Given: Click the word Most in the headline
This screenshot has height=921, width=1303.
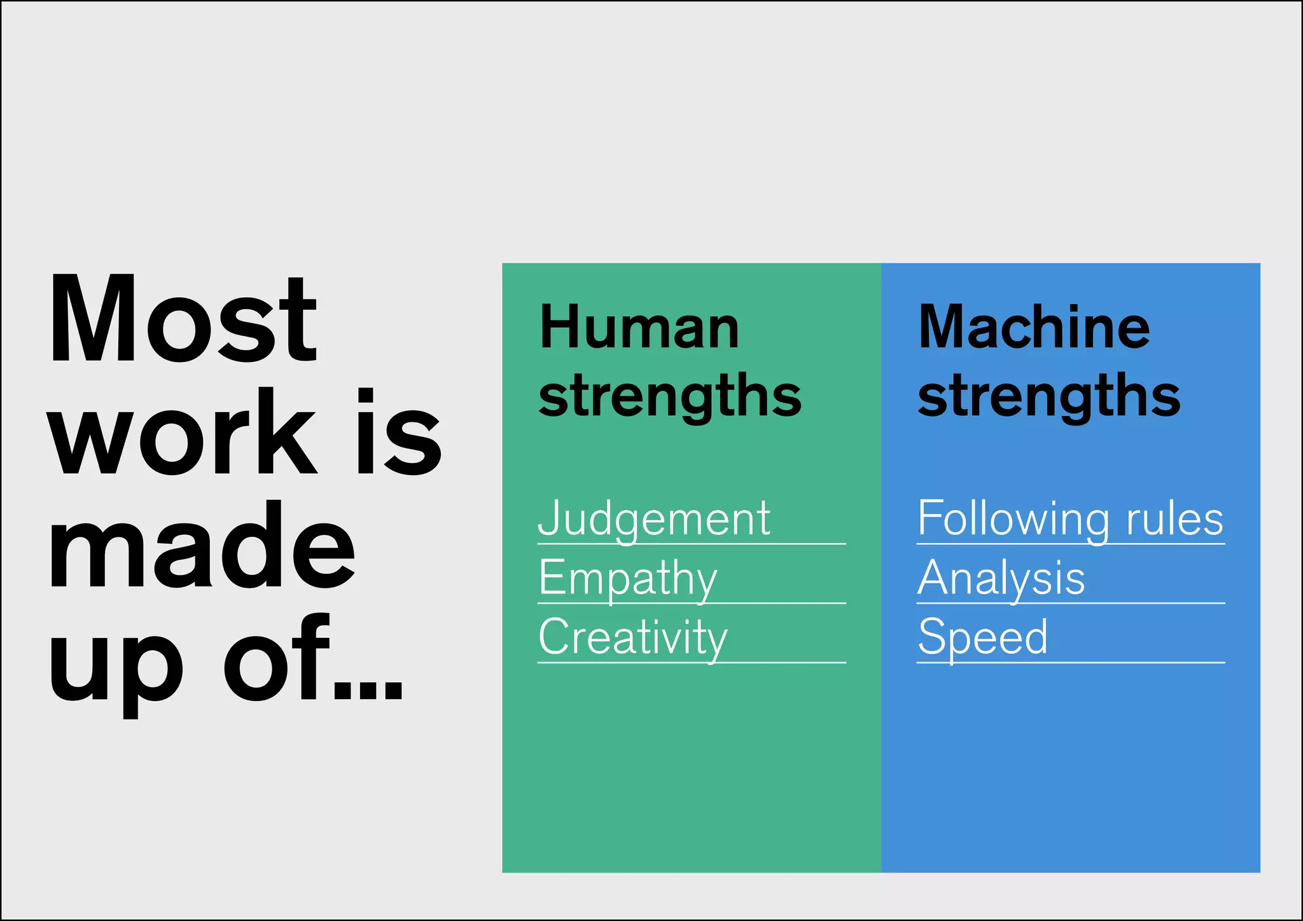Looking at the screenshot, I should tap(183, 320).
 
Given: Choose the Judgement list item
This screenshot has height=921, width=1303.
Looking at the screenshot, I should tap(654, 519).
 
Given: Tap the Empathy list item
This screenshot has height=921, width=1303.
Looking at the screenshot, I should tap(628, 578).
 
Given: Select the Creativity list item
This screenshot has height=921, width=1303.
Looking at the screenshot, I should tap(633, 637).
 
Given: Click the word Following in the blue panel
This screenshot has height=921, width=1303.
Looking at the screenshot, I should tap(1015, 519).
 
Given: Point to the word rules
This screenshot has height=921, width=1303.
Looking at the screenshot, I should tap(1174, 519).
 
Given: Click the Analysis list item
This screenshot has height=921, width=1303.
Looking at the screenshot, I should tap(1001, 578).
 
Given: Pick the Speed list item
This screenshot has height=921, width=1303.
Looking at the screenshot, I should tap(982, 637).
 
